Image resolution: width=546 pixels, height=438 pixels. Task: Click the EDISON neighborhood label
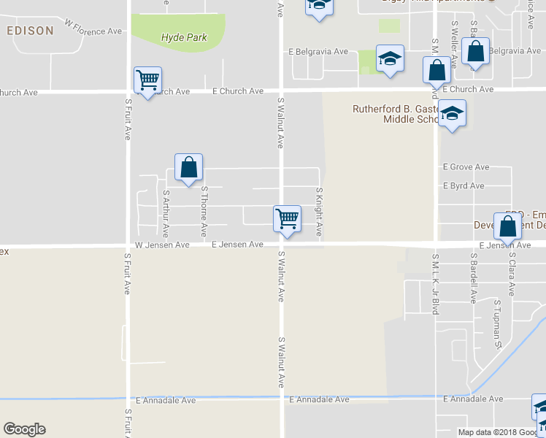pos(30,31)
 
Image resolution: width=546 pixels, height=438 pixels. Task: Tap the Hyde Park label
pos(184,37)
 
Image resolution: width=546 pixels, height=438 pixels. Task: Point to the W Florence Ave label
pos(93,28)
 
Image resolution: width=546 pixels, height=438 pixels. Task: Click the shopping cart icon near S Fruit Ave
pos(147,80)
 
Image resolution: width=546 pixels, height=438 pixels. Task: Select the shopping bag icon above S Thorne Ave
pos(189,168)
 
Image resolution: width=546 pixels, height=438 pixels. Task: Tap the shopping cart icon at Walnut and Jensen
pos(288,219)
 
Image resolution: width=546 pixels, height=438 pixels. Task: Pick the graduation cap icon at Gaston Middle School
pos(453,114)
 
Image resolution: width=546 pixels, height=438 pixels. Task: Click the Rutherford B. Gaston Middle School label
pos(395,114)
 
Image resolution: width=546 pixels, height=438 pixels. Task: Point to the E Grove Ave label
pos(466,167)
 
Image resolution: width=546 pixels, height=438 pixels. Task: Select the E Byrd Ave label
pos(464,186)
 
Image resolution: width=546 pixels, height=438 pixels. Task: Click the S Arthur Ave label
pos(166,214)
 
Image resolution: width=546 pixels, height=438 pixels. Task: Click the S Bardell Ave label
pos(474,278)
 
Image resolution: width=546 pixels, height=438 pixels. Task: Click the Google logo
pos(25,429)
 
